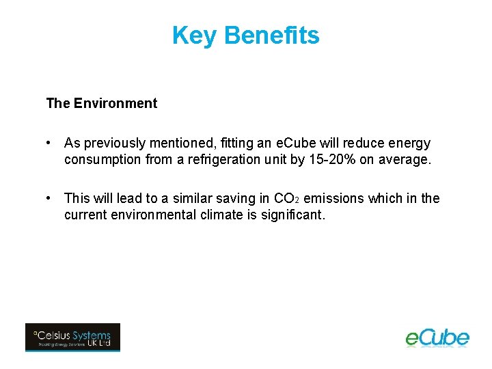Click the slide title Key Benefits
[245, 35]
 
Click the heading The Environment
[101, 104]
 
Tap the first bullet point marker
[49, 143]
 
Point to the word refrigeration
[227, 160]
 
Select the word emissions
[333, 199]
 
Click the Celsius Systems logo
[72, 338]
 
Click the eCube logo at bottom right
[437, 338]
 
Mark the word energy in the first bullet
[409, 143]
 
